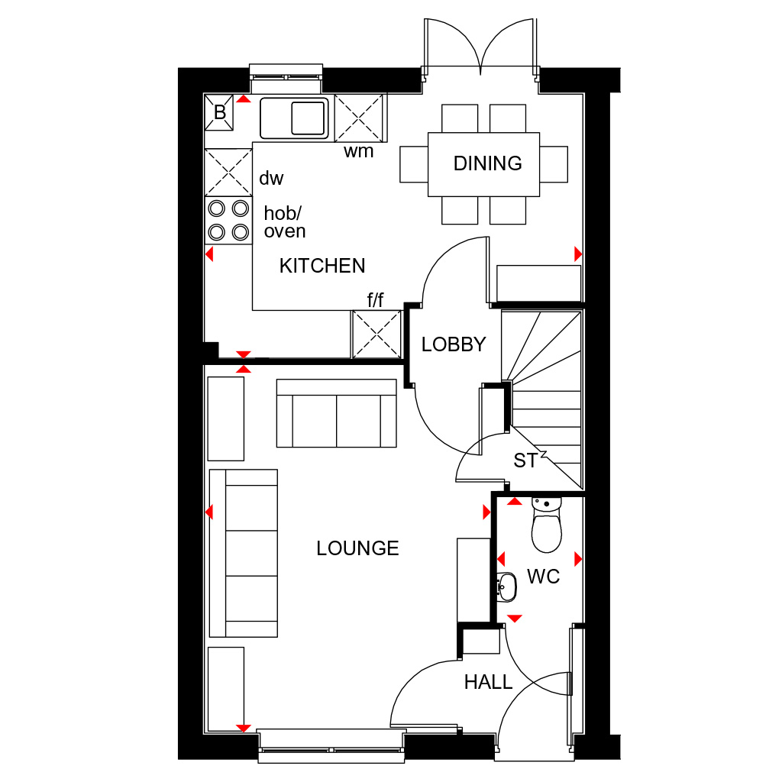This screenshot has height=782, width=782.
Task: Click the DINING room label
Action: point(487,163)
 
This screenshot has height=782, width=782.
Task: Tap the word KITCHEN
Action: point(322,266)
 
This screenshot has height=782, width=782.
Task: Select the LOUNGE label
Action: point(357,548)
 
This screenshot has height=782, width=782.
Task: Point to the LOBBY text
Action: point(454,344)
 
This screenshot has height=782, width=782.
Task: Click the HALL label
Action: point(488,682)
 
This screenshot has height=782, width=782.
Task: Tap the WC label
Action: point(543,577)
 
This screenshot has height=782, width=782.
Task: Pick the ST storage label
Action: point(525,460)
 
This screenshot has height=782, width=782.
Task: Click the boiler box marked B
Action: point(219,112)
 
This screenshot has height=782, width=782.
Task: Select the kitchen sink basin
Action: point(294,118)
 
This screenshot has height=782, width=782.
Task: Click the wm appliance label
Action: point(359,151)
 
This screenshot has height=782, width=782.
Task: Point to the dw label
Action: point(271,178)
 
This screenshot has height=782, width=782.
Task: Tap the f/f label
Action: point(376,299)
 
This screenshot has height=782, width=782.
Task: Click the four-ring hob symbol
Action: point(228,220)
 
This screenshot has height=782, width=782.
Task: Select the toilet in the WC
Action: point(547,525)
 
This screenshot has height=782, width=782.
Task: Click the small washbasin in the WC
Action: point(506,586)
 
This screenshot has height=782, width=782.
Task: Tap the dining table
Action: point(483,164)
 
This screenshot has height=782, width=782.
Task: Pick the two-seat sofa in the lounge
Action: point(337,413)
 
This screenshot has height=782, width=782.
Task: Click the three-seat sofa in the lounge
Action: point(244,553)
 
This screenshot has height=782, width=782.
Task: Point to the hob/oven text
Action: point(285,222)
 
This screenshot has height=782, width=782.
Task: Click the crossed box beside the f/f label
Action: point(376,334)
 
